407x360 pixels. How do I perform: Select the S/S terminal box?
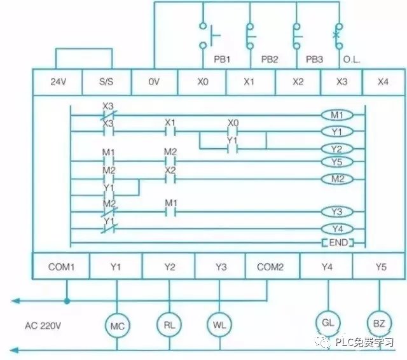[x=106, y=82]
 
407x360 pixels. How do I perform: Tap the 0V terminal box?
[x=155, y=82]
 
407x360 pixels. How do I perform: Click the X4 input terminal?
[x=383, y=82]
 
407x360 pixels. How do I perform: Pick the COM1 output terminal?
[x=61, y=267]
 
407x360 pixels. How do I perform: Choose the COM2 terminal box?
[x=270, y=267]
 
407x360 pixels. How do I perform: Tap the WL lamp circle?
[x=217, y=324]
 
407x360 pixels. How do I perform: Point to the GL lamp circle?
[x=328, y=323]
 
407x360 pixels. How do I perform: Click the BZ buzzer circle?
[x=379, y=323]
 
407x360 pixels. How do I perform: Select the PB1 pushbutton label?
[x=222, y=59]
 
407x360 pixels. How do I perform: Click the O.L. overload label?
[x=351, y=59]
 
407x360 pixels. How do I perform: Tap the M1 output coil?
[x=337, y=115]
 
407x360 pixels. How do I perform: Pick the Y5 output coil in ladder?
[x=337, y=162]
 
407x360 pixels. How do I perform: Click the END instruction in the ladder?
[x=337, y=243]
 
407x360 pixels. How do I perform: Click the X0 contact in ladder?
[x=233, y=132]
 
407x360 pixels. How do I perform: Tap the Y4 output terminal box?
[x=327, y=267]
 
